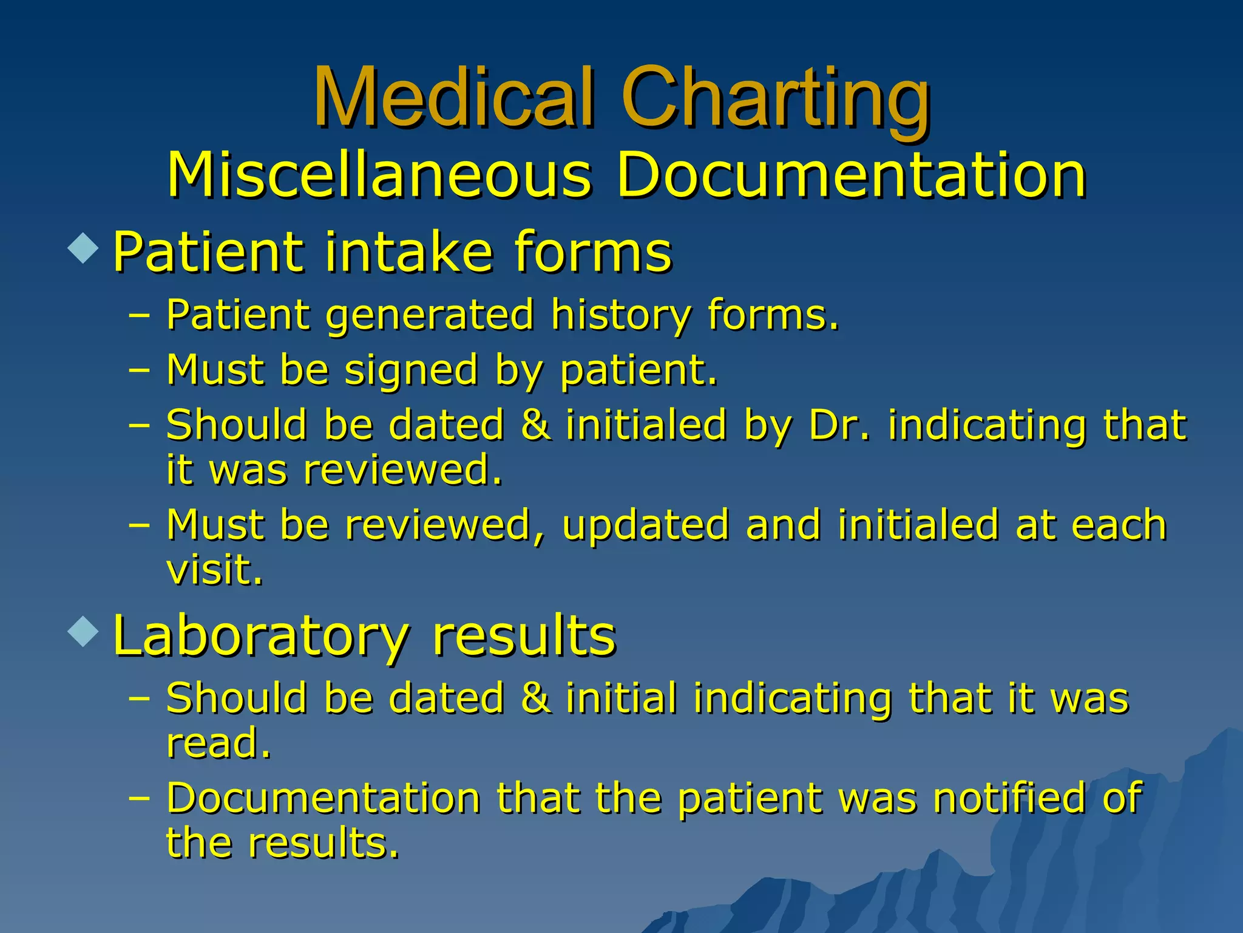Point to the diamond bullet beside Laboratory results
pyautogui.click(x=83, y=631)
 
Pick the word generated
pyautogui.click(x=430, y=315)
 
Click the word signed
pyautogui.click(x=411, y=370)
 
